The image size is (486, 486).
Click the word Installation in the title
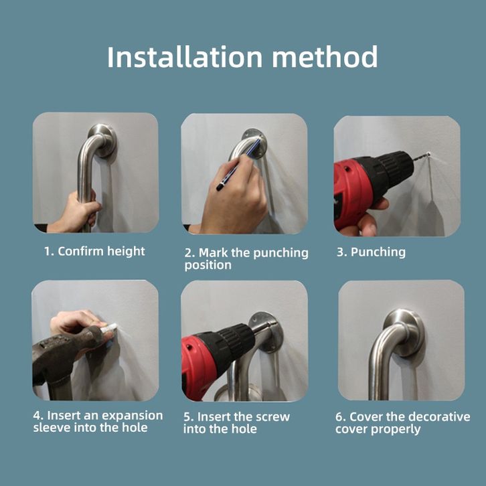pos(185,57)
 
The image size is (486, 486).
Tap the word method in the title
pos(325,57)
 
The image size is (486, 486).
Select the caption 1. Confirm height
pos(94,252)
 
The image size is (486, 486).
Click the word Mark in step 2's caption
pos(214,252)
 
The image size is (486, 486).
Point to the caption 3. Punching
pos(371,252)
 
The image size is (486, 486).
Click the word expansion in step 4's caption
pos(133,416)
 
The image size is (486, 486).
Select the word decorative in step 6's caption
pos(439,417)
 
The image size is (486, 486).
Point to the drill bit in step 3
pos(421,157)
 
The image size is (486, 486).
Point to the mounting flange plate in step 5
pos(267,332)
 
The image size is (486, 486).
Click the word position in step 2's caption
pos(208,265)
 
